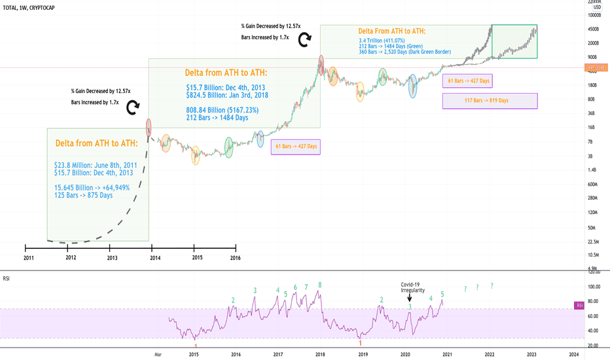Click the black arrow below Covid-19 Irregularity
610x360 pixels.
409,298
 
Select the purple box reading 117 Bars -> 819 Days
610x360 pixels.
490,101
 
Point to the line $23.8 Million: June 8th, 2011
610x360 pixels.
96,166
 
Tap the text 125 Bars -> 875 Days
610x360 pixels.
84,195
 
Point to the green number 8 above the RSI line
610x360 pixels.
320,285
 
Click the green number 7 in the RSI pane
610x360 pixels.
306,287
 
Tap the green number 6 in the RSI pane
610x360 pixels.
296,287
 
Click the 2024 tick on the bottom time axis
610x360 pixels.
573,355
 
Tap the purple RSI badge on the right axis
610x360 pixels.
579,305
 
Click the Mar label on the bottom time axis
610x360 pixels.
157,355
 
